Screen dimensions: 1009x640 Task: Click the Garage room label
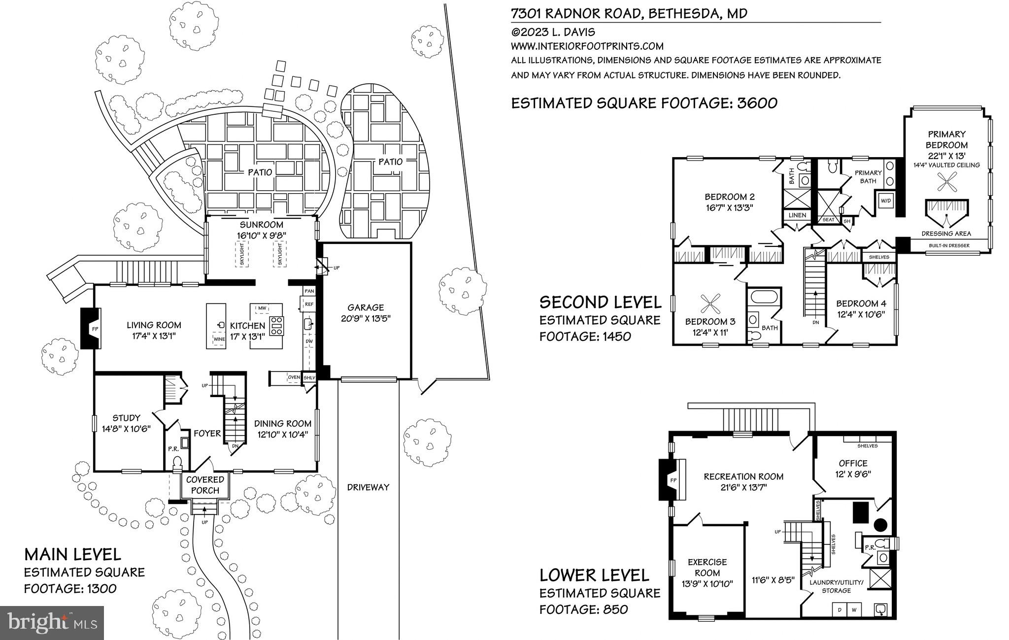(366, 307)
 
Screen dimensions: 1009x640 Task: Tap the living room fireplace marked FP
(91, 328)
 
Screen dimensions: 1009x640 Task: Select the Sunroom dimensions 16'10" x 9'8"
(261, 236)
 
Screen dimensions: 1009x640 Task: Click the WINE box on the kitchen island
(219, 339)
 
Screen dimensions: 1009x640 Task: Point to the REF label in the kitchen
(309, 304)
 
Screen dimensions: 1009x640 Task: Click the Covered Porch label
(205, 485)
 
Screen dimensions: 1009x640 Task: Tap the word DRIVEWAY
(368, 487)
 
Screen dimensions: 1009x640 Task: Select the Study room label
(126, 418)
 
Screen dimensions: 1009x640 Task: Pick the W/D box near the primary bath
(886, 201)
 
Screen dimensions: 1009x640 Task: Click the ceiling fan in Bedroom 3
(709, 302)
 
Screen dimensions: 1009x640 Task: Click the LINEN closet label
(797, 215)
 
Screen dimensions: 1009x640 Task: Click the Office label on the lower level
(853, 463)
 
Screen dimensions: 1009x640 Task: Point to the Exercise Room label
(707, 567)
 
